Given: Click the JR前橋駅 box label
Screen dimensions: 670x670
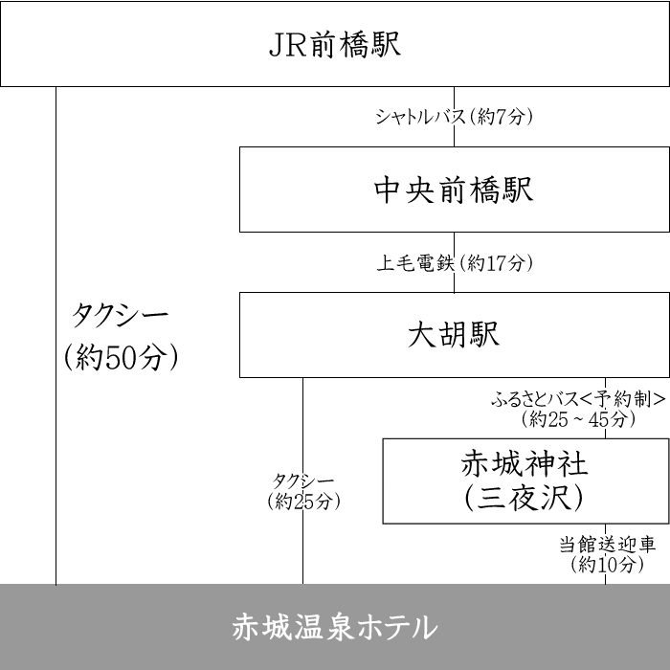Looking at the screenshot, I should (x=334, y=45).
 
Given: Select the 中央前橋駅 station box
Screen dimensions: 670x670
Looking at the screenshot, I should (x=454, y=190).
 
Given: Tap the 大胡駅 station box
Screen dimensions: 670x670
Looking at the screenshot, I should (x=454, y=335).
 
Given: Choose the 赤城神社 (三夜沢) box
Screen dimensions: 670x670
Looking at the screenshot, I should (x=525, y=480).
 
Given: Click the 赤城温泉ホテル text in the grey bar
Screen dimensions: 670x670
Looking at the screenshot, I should (x=334, y=628).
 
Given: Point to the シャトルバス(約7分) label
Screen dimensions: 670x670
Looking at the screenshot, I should (x=454, y=118).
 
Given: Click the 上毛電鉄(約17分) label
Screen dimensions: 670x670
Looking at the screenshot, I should (x=454, y=262).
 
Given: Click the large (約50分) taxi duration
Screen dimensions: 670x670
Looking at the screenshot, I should (x=122, y=357).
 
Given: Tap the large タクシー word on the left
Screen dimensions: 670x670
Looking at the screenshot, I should (x=121, y=315).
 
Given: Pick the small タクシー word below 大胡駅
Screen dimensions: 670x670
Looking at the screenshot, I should (x=302, y=480).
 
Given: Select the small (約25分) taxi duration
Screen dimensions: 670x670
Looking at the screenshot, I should (x=302, y=501).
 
